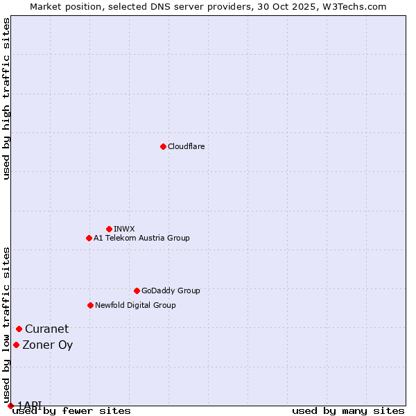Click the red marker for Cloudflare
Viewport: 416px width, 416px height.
pos(163,146)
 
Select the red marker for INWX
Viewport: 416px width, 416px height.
pos(109,229)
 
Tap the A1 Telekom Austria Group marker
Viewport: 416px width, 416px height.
pos(89,238)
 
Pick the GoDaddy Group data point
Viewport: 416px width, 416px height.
pos(137,291)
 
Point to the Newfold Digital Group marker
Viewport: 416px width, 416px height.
pos(90,305)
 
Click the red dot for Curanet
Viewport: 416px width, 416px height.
pos(19,329)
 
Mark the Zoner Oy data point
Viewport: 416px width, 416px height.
pos(16,345)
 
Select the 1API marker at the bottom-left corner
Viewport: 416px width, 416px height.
pos(10,406)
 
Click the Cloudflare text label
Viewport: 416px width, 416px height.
pos(186,146)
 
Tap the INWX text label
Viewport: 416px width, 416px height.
pos(124,229)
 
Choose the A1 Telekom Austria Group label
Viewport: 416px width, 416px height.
pos(141,238)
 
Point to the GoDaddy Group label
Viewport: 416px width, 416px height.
pos(171,291)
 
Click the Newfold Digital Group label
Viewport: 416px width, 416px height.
pos(135,305)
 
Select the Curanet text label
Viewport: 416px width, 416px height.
pos(47,329)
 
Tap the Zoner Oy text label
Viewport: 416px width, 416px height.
pos(48,345)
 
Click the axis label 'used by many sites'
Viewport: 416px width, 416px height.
pos(348,410)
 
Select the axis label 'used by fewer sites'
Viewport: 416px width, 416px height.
pos(71,410)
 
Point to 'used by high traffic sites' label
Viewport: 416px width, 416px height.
pos(6,98)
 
